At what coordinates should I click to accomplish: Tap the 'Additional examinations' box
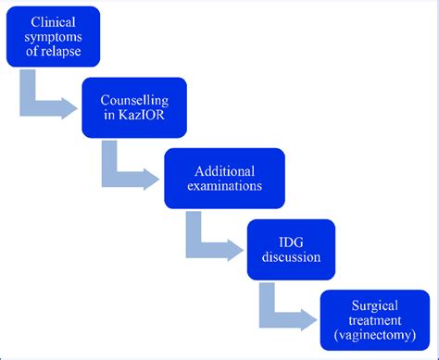(x=221, y=178)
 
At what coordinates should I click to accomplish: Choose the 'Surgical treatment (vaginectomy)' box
(x=374, y=319)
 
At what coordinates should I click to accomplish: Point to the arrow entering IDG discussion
(x=213, y=246)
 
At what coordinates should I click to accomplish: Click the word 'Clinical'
(x=60, y=20)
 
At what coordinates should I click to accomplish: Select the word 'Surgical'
(x=374, y=304)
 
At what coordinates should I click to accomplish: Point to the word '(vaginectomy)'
(x=374, y=334)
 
